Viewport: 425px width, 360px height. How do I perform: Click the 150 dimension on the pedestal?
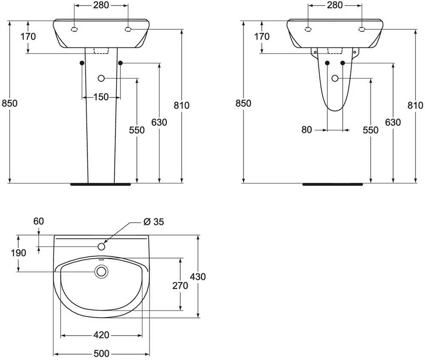pos(101,97)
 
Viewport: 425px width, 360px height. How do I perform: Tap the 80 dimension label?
pos(306,130)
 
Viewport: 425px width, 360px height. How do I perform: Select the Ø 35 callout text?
pos(154,222)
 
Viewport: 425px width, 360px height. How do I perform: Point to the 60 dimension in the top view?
pos(39,221)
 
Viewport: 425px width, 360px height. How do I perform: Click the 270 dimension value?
pos(180,286)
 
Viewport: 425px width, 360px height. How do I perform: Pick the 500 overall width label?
pos(102,354)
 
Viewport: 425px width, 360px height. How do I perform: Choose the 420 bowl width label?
pos(101,335)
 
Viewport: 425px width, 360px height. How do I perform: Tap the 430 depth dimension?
pos(198,277)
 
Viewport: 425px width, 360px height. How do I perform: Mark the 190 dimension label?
pos(18,253)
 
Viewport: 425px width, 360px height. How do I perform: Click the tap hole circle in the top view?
pos(102,247)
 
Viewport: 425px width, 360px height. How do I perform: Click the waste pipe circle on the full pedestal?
pos(101,78)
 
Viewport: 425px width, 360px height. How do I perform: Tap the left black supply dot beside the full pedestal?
pos(82,63)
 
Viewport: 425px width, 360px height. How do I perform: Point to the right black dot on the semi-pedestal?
pos(343,63)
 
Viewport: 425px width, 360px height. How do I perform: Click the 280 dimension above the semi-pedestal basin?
pos(335,5)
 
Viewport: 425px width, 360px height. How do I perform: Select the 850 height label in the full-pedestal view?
pos(9,103)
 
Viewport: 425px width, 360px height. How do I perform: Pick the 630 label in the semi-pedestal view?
pos(393,122)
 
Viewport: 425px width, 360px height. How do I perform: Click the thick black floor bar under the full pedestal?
pos(101,184)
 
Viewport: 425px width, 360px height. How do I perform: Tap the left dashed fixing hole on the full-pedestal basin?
pos(74,29)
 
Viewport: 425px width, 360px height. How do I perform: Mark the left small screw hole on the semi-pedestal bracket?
pos(315,52)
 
